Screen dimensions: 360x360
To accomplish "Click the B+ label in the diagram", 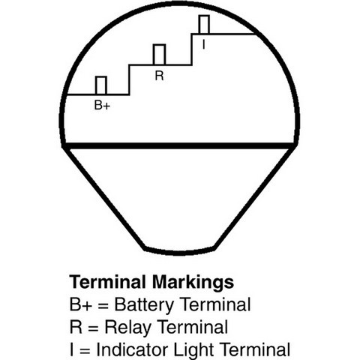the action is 102,105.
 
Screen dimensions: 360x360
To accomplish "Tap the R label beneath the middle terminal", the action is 159,76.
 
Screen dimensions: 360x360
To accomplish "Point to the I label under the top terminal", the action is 204,45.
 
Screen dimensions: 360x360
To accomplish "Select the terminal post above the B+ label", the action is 101,85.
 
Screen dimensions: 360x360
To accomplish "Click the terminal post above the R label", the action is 159,55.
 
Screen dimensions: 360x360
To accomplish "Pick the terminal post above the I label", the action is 204,25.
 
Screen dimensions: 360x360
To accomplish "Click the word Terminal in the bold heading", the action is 108,282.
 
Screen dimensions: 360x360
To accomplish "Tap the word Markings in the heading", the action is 193,283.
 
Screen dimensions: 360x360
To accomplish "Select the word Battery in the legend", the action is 144,305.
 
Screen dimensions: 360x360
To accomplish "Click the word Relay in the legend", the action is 127,328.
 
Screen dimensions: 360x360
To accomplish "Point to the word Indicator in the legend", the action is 132,349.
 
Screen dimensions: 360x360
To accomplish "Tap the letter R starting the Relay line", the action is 76,327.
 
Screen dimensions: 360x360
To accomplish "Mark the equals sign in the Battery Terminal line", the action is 103,306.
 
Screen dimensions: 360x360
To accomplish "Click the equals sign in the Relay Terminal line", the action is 93,328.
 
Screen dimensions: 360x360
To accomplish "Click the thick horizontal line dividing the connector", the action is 179,146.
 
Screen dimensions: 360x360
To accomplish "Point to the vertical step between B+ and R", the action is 129,79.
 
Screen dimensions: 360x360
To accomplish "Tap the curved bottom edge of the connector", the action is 179,252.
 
